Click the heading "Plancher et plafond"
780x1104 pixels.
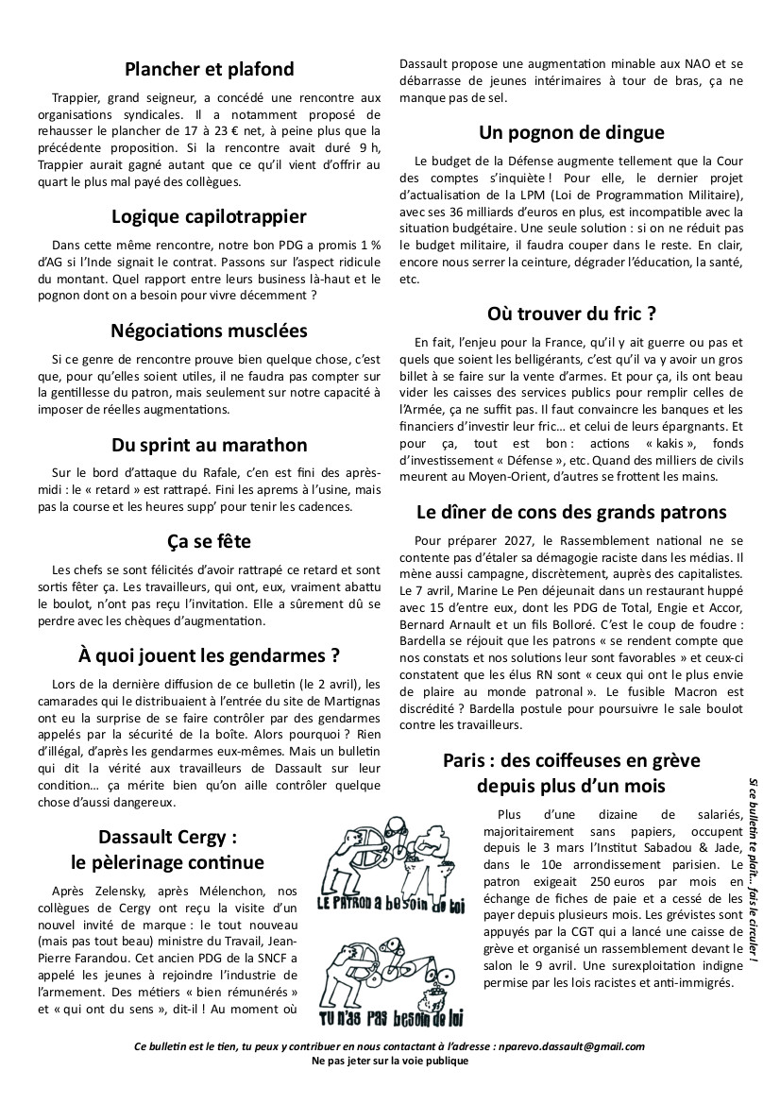click(209, 69)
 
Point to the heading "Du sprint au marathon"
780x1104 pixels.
click(209, 445)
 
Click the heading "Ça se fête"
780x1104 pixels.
click(209, 542)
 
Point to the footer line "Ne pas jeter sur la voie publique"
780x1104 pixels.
click(389, 1061)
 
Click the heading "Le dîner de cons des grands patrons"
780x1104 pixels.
click(571, 513)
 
